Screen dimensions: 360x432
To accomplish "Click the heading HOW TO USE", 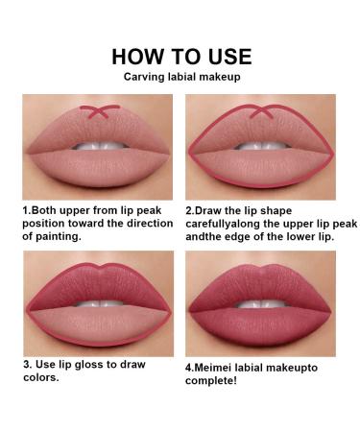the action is pos(181,57).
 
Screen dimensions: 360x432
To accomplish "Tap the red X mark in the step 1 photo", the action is pos(100,111).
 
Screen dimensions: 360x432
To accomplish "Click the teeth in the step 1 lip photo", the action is pos(100,146).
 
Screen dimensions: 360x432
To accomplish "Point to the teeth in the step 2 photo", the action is pos(262,146).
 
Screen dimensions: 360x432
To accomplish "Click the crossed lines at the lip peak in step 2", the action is pos(262,111).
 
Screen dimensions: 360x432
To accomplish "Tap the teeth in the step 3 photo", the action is pos(100,303).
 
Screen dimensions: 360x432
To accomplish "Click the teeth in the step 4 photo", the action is pos(262,303).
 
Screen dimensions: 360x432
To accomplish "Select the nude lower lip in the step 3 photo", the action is pos(100,324).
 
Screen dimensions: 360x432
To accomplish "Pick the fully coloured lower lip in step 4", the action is pos(261,325).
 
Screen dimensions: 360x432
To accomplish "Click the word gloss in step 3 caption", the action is pos(89,365).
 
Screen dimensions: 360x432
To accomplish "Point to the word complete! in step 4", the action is pos(211,381).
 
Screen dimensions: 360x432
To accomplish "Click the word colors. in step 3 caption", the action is pos(41,377).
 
